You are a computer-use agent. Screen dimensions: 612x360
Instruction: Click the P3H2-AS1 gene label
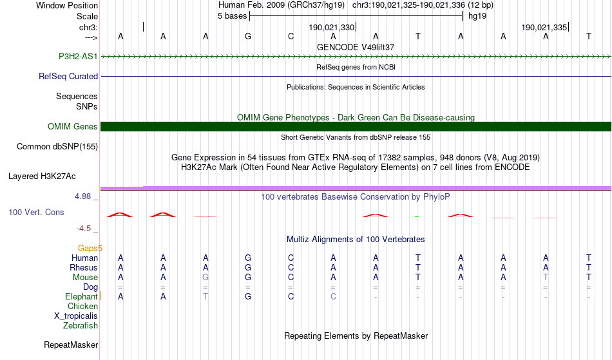pos(78,56)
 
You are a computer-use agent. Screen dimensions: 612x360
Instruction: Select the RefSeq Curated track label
pos(68,76)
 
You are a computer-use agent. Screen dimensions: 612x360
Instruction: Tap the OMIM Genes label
pos(73,126)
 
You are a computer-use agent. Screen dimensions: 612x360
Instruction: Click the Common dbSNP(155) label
pos(57,147)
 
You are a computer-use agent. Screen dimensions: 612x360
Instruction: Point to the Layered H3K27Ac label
pos(42,176)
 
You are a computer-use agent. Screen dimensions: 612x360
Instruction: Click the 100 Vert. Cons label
pos(36,212)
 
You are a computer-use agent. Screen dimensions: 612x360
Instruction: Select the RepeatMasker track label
pos(71,345)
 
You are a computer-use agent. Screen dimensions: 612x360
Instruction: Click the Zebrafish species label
pos(81,325)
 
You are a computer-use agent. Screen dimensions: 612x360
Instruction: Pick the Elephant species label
pos(81,297)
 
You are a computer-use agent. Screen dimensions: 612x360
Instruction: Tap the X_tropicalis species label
pos(76,316)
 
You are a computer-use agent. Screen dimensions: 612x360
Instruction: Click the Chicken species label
pos(82,306)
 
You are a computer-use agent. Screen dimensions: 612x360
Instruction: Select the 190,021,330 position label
pos(331,27)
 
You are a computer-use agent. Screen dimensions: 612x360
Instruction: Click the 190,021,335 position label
pos(544,27)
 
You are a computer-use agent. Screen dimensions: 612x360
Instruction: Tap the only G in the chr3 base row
pos(248,36)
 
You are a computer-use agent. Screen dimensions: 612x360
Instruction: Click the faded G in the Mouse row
pos(206,278)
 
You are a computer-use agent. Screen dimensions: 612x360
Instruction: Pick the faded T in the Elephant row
pos(206,296)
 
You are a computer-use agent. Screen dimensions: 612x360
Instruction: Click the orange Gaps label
pos(88,248)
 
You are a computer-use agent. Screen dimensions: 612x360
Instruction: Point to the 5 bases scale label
pos(232,16)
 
